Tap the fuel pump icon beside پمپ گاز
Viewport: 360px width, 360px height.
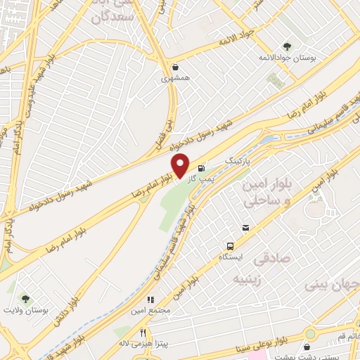(x=202, y=167)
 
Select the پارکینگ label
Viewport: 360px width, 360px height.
(x=237, y=161)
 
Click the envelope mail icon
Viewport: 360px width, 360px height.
(x=245, y=226)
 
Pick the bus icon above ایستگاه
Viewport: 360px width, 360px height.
(x=231, y=246)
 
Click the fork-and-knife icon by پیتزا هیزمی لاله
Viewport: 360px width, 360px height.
(x=143, y=333)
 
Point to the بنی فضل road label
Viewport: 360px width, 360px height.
(x=165, y=137)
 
